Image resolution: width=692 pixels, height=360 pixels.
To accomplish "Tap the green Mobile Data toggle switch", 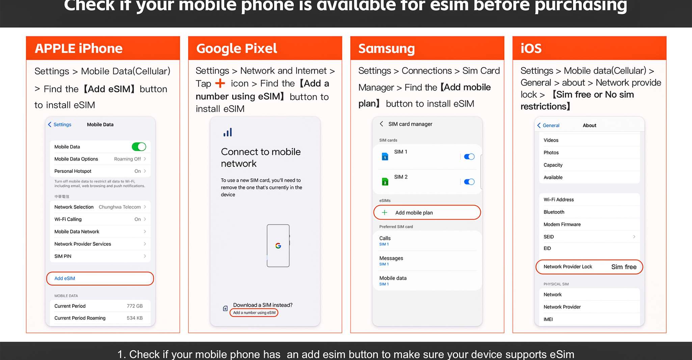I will (x=139, y=147).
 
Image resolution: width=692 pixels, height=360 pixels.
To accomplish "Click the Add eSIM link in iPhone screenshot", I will (x=65, y=278).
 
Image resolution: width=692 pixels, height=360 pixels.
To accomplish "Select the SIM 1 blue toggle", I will (x=469, y=157).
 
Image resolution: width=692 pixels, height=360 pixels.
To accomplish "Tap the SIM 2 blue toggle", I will (x=469, y=182).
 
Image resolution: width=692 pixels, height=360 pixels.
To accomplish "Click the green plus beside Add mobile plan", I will (x=384, y=212).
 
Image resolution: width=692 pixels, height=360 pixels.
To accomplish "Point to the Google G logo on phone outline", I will (x=278, y=246).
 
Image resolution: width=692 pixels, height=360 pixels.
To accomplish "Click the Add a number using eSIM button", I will (x=254, y=313).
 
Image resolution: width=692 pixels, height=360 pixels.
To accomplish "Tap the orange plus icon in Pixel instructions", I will (x=220, y=83).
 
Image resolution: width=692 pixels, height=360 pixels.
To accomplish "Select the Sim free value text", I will (x=624, y=267).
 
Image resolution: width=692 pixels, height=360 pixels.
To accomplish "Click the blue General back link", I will (x=549, y=125).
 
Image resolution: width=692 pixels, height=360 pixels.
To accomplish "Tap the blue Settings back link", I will (x=60, y=125).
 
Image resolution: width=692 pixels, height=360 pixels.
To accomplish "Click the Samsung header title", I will (x=387, y=49).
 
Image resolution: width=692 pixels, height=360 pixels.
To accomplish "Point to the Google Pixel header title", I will (x=237, y=49).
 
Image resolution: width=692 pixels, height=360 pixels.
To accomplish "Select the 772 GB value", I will (x=135, y=306).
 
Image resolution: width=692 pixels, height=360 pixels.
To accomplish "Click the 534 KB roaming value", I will (x=135, y=318).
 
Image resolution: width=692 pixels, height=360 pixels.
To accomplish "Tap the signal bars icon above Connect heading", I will (x=228, y=132).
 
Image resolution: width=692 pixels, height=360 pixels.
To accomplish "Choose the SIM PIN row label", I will (x=63, y=256).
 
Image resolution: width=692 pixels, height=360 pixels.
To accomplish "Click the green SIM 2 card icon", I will (x=385, y=182).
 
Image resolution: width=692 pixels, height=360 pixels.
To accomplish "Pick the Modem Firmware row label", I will (x=562, y=224).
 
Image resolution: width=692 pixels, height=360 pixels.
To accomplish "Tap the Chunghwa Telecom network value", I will (x=119, y=207).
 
